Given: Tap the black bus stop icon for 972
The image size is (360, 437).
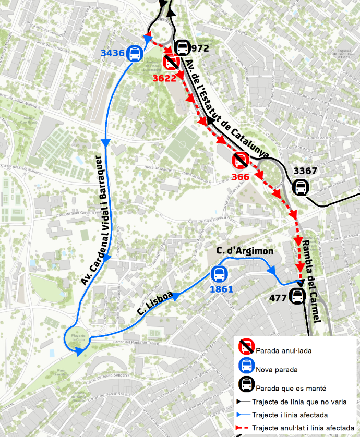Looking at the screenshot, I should point(182,48).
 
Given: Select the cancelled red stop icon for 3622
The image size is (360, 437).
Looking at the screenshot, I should point(171,63).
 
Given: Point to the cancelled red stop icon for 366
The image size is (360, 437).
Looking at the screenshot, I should point(240,161).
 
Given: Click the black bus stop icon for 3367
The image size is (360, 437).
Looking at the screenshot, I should point(300,187).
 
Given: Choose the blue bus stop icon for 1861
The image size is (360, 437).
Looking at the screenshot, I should point(219,274).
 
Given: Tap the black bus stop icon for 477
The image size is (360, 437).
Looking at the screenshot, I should point(297,296).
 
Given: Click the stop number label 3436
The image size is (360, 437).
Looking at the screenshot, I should point(113,53).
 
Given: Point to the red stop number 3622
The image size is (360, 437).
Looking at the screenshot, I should point(164,78).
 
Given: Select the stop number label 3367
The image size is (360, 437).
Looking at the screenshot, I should point(306,171).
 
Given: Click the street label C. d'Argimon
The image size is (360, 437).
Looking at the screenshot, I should point(245,251).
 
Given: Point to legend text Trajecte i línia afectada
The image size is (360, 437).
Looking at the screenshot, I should point(290,415).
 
